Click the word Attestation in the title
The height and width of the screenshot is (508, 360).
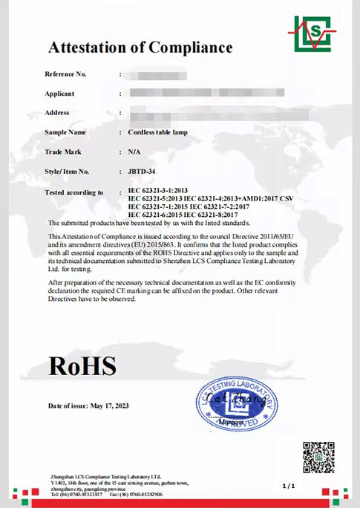pos(93,48)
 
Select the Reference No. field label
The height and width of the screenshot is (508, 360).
pos(66,74)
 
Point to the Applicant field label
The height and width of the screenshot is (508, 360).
pos(61,94)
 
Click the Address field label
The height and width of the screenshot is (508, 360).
pos(58,113)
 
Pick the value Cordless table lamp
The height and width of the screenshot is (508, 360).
pos(159,132)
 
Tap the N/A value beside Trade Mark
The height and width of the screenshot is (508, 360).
pos(134,152)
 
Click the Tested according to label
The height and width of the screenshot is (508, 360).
pos(74,192)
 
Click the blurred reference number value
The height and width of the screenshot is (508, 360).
pos(157,74)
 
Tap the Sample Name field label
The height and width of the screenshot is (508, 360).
pos(65,132)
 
